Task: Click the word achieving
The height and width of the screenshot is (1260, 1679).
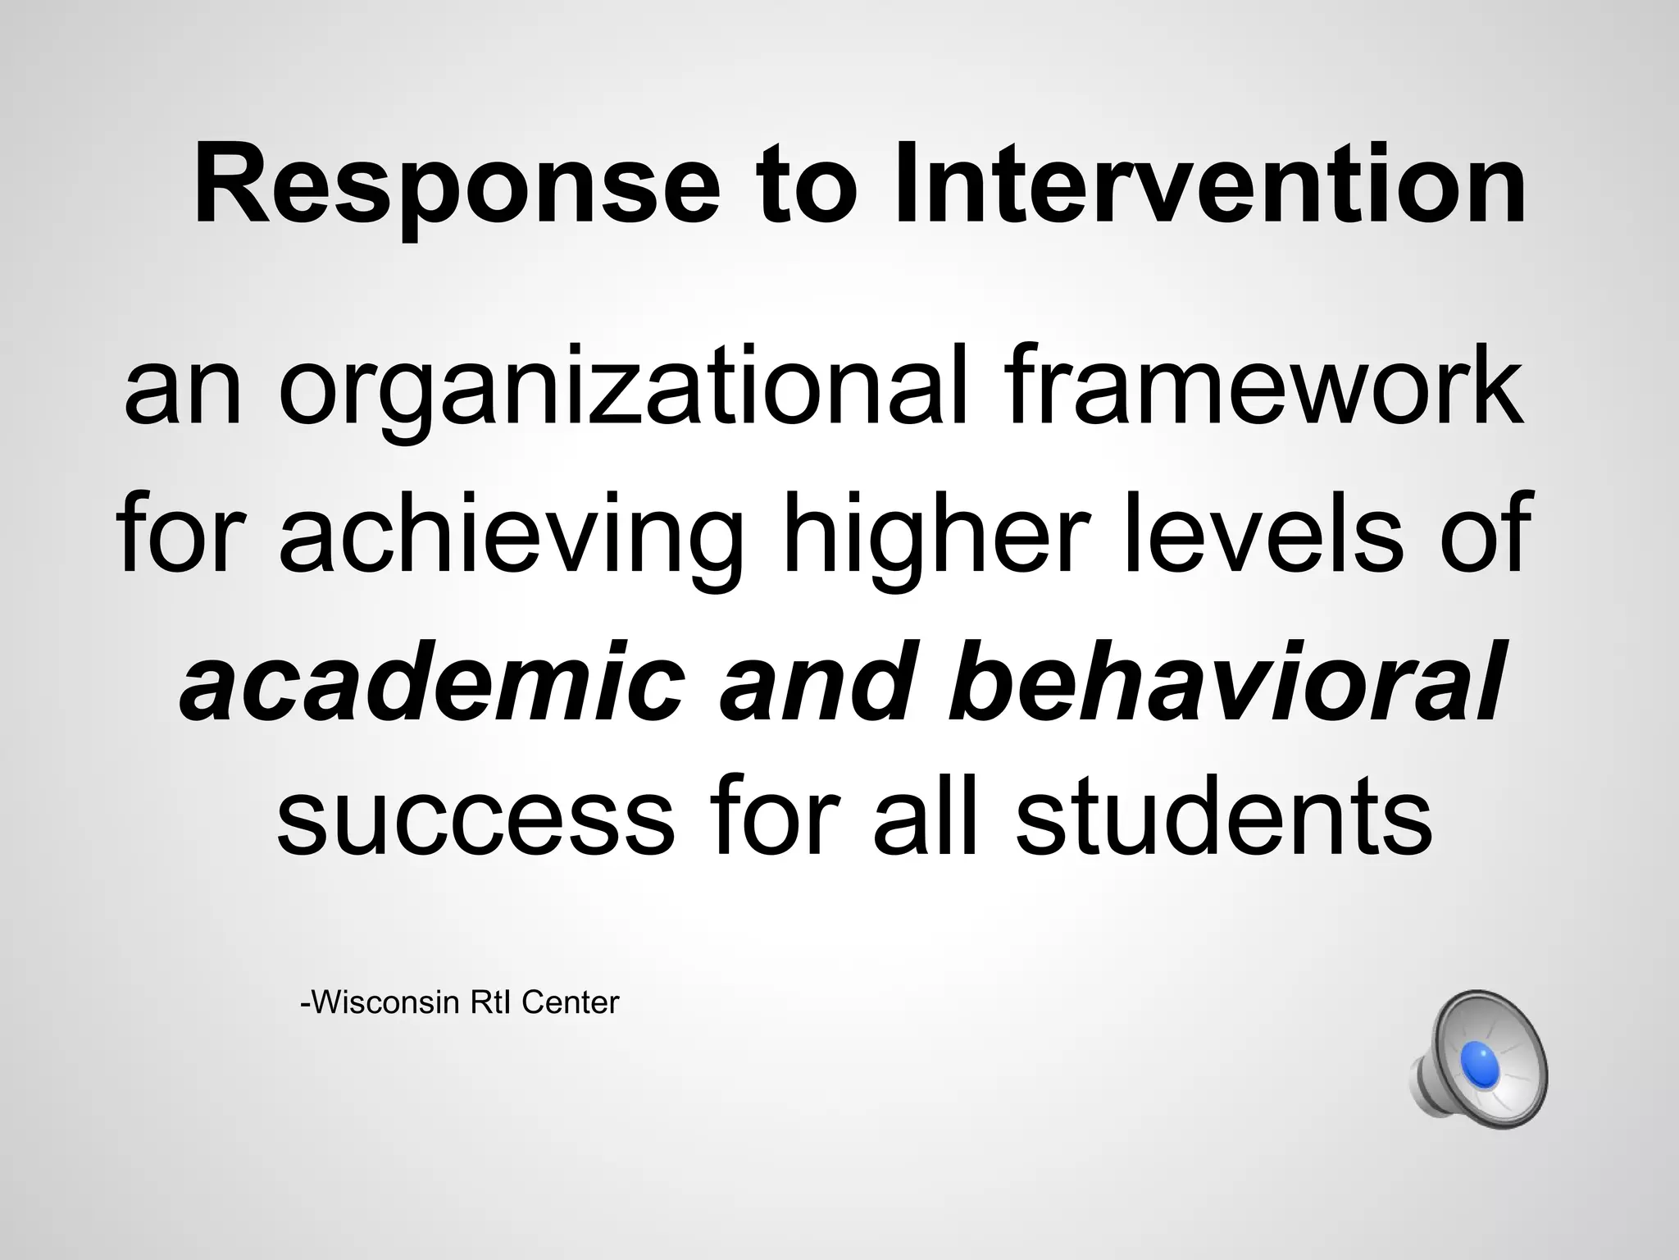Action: click(x=513, y=536)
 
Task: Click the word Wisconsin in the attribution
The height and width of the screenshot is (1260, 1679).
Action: click(x=382, y=1002)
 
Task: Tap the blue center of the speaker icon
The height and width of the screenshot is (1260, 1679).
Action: click(x=1479, y=1063)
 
